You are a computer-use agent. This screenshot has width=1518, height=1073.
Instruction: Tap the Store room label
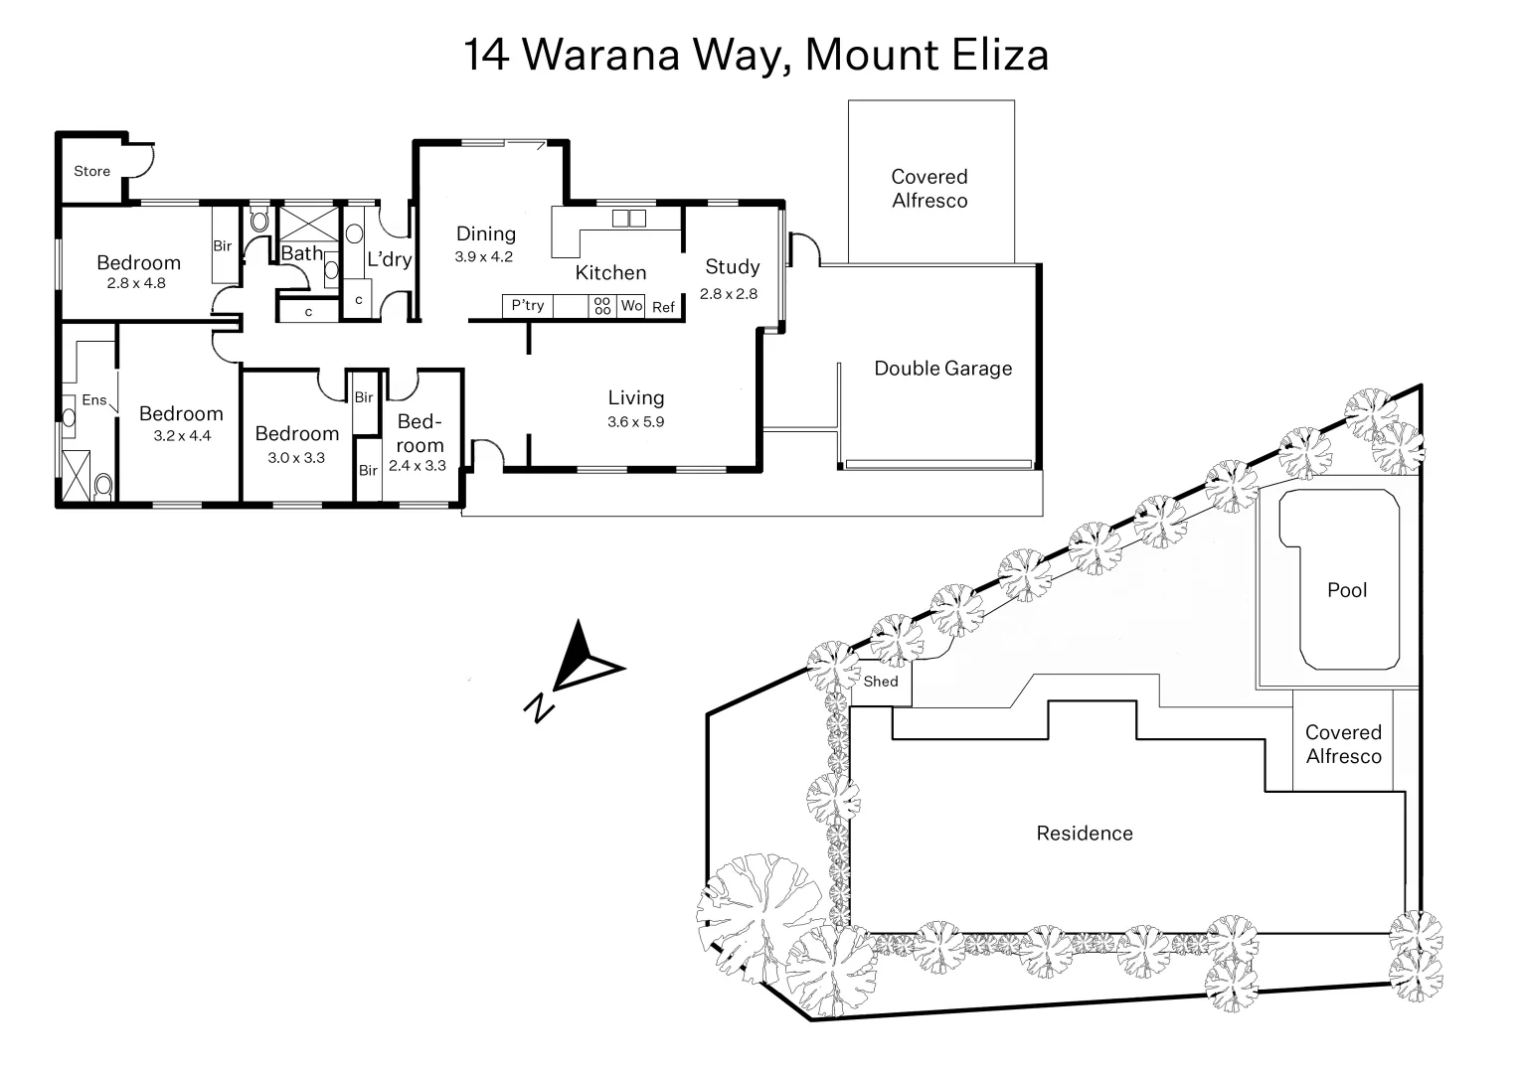(x=91, y=171)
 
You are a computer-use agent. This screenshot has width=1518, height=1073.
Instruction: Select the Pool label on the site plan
(x=1347, y=590)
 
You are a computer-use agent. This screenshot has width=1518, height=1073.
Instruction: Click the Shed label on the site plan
(x=881, y=682)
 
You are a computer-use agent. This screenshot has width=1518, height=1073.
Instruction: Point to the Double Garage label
(x=942, y=369)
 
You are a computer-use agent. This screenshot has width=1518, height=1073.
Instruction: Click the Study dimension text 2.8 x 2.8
(x=729, y=294)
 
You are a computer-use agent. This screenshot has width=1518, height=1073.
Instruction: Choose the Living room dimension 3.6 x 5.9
(x=635, y=421)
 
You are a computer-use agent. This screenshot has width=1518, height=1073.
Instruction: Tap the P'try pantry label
(x=528, y=306)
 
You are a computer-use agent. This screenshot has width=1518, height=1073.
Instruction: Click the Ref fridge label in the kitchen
(x=663, y=307)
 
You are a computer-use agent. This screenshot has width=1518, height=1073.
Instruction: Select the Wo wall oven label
(x=631, y=306)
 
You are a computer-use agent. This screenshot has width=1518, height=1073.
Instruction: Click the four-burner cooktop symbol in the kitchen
(x=602, y=306)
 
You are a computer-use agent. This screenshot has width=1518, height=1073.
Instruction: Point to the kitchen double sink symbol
(x=628, y=218)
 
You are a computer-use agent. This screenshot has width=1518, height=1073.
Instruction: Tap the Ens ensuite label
(x=93, y=400)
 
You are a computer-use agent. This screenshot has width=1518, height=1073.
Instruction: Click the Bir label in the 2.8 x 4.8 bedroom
(x=223, y=245)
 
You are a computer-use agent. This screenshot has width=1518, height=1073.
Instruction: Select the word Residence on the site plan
(x=1085, y=834)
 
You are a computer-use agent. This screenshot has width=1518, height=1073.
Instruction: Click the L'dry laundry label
(x=389, y=260)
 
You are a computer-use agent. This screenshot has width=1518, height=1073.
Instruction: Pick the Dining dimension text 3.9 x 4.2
(x=484, y=256)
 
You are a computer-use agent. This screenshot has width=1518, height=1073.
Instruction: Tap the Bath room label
(x=301, y=253)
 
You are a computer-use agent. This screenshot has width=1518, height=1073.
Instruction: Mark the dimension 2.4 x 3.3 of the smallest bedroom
(x=418, y=465)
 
